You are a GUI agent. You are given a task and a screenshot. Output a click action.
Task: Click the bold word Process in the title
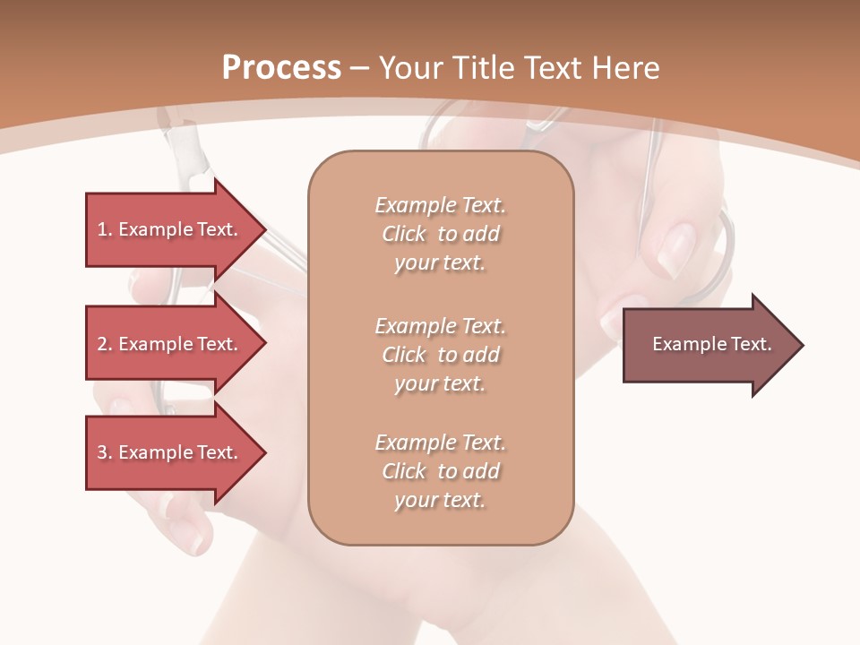point(281,68)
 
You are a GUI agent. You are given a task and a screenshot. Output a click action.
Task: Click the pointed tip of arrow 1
point(263,229)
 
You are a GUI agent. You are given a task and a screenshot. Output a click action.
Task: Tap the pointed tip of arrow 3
point(263,452)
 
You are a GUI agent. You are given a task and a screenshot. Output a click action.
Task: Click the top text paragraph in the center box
point(440,234)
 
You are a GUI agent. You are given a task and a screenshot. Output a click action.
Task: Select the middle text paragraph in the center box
point(440,355)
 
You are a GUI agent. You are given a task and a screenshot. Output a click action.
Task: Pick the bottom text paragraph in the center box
point(440,471)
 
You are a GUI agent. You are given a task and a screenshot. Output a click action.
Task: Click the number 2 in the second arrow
point(103,344)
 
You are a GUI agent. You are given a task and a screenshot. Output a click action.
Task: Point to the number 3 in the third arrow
point(103,452)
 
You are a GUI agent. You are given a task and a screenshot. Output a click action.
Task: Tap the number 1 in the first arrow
point(103,229)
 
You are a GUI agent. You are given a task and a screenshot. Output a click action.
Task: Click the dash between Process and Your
point(359,68)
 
